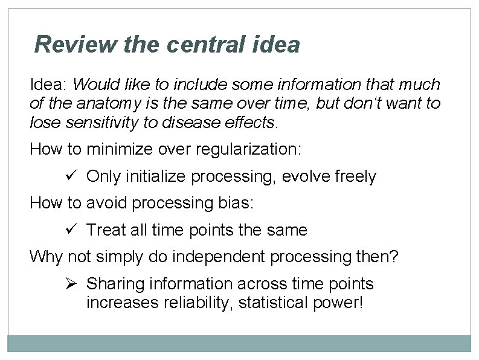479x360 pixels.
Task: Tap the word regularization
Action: pos(244,149)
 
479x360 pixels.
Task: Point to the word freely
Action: pos(356,176)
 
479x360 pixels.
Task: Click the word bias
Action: pos(237,203)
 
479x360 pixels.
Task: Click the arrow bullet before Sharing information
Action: pos(69,283)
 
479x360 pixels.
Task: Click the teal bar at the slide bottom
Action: pos(239,344)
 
